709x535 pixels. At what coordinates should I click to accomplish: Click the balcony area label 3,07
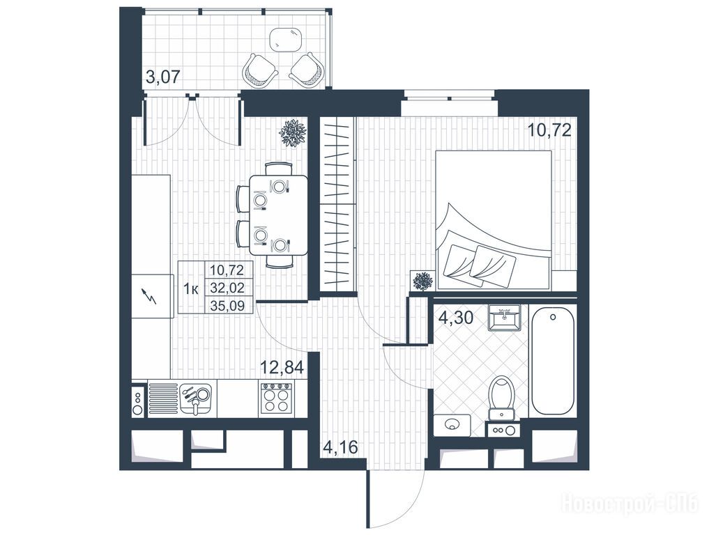point(163,76)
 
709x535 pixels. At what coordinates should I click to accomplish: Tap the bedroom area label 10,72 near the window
point(550,130)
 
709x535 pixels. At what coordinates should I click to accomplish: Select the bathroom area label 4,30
point(456,318)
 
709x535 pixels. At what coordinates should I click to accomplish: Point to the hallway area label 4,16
point(340,447)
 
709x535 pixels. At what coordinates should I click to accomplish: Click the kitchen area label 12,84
point(281,367)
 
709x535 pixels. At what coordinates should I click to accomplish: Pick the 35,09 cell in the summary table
point(227,306)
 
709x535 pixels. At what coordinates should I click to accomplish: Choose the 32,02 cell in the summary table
point(227,288)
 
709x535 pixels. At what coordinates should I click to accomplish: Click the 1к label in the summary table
point(191,288)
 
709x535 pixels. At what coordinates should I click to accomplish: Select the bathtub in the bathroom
point(554,361)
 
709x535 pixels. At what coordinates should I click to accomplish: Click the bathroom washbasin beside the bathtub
point(504,318)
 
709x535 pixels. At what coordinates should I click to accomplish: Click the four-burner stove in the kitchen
point(276,398)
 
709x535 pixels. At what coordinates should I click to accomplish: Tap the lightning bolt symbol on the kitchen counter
point(150,297)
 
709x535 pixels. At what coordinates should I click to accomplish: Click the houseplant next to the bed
point(423,281)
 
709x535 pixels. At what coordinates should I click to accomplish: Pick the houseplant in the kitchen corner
point(293,132)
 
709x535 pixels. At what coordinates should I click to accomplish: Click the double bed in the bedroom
point(494,220)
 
